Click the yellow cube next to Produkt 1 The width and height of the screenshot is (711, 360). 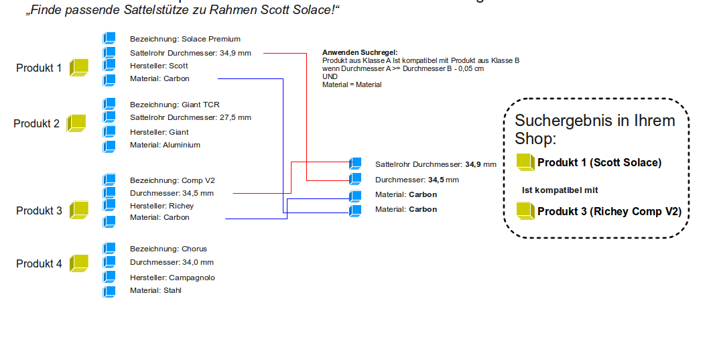pyautogui.click(x=80, y=67)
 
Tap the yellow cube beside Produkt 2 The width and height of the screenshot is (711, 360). pyautogui.click(x=76, y=123)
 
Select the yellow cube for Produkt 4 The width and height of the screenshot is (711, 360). pyautogui.click(x=80, y=263)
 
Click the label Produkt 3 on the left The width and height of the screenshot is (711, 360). pyautogui.click(x=39, y=211)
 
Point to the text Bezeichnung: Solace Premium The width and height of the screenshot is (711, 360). pyautogui.click(x=185, y=39)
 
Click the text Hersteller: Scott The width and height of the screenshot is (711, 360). pyautogui.click(x=159, y=66)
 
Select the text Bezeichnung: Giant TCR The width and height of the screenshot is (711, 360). pyautogui.click(x=174, y=105)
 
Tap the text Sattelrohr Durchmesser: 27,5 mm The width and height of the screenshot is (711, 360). pyautogui.click(x=190, y=117)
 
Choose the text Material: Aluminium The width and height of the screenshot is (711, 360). pyautogui.click(x=165, y=145)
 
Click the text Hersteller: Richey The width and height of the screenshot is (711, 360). pyautogui.click(x=161, y=206)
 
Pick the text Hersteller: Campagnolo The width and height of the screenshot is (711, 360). pyautogui.click(x=172, y=278)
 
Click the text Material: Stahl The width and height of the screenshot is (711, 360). pyautogui.click(x=155, y=290)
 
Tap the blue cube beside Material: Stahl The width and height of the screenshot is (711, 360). pyautogui.click(x=109, y=291)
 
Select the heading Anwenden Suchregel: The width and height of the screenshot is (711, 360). pyautogui.click(x=360, y=52)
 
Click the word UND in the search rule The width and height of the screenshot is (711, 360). pyautogui.click(x=330, y=76)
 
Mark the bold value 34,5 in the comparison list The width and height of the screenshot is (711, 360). pyautogui.click(x=436, y=180)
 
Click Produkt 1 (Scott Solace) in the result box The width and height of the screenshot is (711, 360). pyautogui.click(x=599, y=162)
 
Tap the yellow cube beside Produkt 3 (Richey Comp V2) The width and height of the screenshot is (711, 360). pyautogui.click(x=525, y=211)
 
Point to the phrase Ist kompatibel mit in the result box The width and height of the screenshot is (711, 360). pyautogui.click(x=560, y=190)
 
